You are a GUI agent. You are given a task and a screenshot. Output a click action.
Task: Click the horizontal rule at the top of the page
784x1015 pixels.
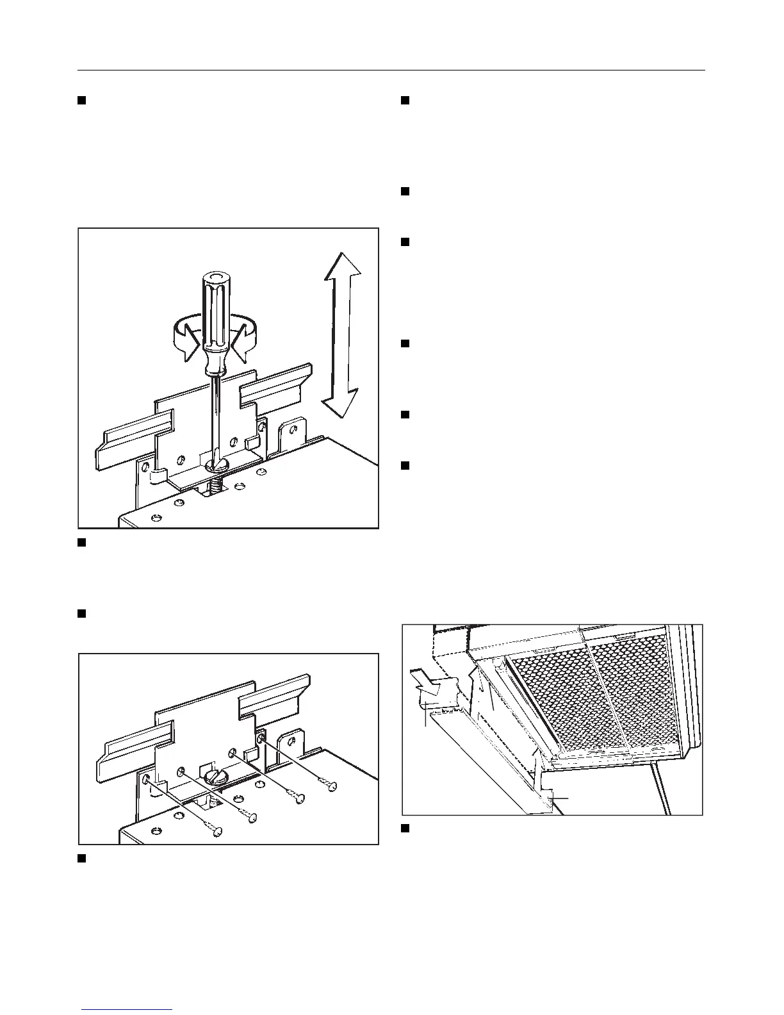391,70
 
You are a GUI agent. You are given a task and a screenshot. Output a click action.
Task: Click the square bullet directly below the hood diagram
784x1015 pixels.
405,829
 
